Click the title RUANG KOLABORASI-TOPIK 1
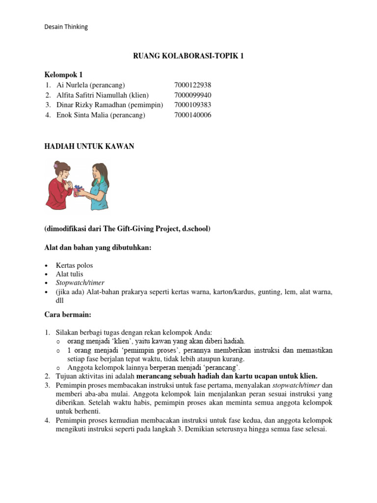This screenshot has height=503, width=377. [x=188, y=56]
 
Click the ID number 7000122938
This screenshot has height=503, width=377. [x=192, y=85]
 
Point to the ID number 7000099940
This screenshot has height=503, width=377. [x=192, y=95]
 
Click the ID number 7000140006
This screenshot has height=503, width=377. [x=192, y=115]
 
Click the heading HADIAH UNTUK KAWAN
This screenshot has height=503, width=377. [x=89, y=147]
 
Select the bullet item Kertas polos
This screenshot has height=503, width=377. [x=75, y=266]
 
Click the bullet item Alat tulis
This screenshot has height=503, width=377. [x=70, y=275]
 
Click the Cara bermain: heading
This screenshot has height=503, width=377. [x=66, y=314]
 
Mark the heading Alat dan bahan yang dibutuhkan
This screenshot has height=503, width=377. [x=98, y=248]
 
